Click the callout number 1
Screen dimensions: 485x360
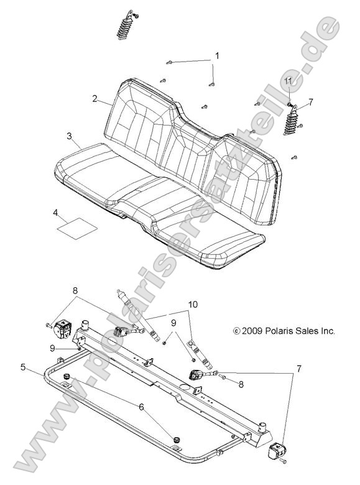click(x=217, y=56)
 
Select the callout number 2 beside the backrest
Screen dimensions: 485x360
click(x=95, y=98)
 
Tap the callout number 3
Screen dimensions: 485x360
click(x=70, y=136)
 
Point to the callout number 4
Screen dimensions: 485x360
click(x=55, y=213)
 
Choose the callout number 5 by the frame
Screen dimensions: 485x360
click(x=23, y=367)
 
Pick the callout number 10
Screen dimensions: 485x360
click(x=193, y=304)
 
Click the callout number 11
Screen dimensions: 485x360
click(x=287, y=81)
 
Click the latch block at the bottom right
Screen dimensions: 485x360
click(x=278, y=451)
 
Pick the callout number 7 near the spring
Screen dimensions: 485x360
click(x=311, y=101)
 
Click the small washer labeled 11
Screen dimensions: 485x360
click(x=290, y=95)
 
